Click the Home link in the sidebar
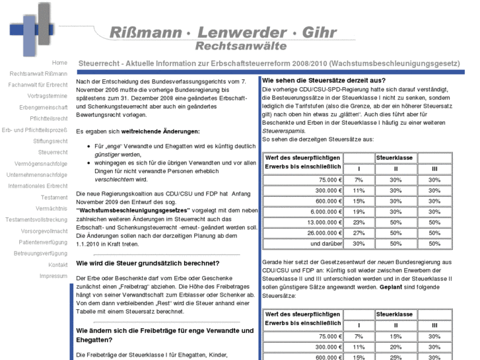59,62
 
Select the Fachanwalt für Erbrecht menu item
38,85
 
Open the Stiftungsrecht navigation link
50,141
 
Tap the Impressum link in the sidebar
53,275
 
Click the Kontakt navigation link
57,264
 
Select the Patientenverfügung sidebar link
44,242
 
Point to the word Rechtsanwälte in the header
240,46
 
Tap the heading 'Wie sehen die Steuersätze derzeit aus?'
324,80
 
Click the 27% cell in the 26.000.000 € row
359,233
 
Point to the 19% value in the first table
359,211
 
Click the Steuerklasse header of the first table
395,158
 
